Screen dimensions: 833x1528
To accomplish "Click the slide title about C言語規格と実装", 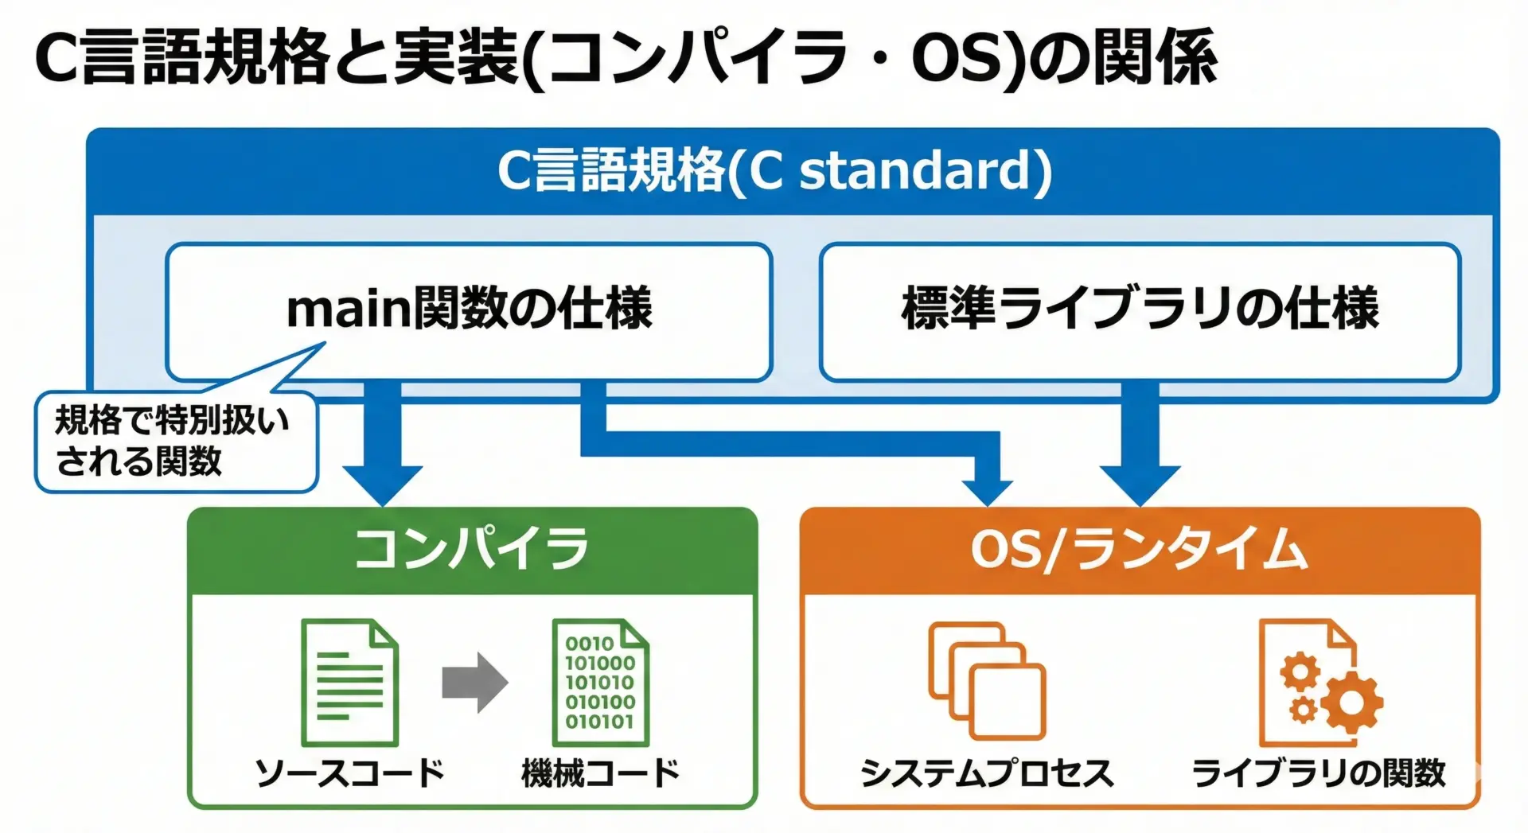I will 626,57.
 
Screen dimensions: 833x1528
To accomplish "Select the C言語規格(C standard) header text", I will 774,170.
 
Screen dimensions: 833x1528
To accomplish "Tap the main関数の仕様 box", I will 469,310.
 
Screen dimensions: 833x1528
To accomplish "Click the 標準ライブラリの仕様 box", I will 1140,310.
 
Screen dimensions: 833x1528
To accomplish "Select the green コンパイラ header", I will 472,550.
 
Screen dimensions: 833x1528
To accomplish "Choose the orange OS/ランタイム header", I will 1139,550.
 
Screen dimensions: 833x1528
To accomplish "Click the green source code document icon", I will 349,683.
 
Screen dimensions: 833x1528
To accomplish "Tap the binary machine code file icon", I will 600,683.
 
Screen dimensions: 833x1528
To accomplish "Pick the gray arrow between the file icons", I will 475,683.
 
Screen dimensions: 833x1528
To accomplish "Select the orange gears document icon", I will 1317,683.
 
